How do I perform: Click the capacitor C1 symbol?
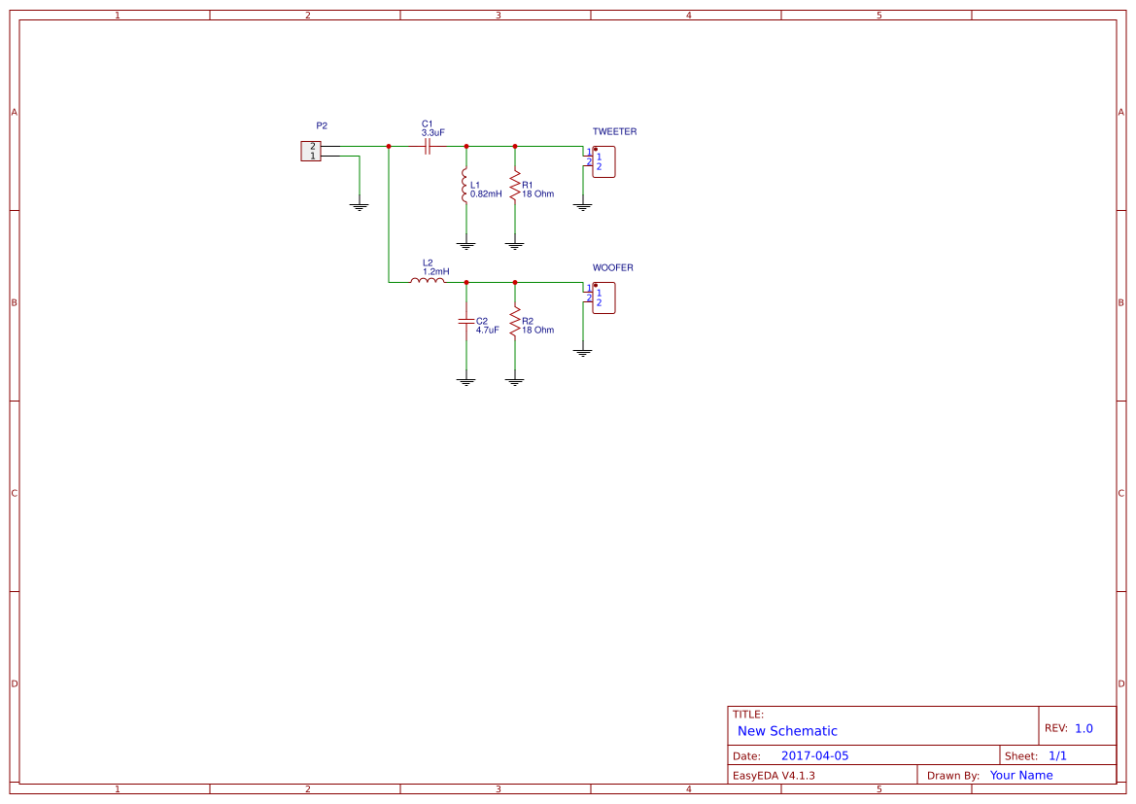428,147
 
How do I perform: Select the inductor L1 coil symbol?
465,186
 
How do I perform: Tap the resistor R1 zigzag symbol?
515,185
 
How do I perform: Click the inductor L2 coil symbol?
428,281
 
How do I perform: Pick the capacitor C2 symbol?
466,320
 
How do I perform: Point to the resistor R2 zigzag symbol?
515,321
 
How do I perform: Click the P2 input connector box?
311,151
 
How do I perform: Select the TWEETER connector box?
603,161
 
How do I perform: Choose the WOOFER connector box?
603,297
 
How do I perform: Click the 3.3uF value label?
433,132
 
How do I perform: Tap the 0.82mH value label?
486,194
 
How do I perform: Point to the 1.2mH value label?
435,271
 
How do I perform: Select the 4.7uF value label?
487,331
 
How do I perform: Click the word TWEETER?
614,131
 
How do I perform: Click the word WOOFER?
612,267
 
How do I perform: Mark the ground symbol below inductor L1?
466,246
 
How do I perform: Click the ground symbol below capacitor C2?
466,381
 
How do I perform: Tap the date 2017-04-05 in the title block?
814,756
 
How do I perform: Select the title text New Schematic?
787,731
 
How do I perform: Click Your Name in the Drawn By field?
1020,776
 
